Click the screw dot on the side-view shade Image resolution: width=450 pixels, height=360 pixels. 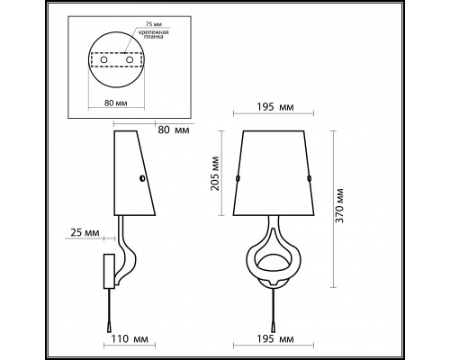coord(141,180)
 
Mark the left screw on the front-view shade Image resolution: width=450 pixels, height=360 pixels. coord(237,180)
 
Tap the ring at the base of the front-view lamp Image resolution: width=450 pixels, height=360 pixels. coord(274,264)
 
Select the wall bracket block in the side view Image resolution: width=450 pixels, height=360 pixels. coord(109,267)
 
